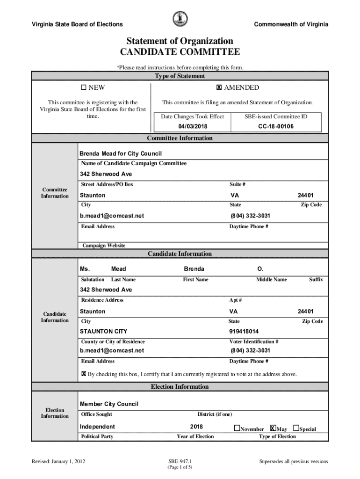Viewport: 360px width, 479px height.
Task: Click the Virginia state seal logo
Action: (180, 19)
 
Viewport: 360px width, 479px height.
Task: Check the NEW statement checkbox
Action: (84, 87)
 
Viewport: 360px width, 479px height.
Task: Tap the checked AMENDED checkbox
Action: (218, 87)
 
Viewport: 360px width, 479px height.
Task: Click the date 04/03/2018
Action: (192, 127)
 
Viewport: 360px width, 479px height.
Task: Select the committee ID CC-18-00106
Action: (276, 127)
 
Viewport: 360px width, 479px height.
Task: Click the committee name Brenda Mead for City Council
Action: (121, 154)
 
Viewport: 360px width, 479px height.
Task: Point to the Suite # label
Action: (238, 184)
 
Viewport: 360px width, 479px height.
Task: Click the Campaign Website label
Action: (104, 246)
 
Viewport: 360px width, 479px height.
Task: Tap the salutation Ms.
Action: (85, 269)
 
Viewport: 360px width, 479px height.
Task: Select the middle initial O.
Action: (260, 269)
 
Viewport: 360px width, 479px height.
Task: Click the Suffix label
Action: (316, 280)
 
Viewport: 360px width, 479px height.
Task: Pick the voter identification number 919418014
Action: (244, 332)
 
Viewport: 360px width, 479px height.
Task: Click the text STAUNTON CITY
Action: (103, 332)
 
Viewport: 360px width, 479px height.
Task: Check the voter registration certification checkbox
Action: (84, 374)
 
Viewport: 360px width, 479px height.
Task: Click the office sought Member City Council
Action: (109, 404)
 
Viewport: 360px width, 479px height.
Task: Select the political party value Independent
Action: (97, 427)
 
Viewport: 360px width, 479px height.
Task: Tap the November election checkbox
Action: (237, 428)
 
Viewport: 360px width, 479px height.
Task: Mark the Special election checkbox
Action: (296, 428)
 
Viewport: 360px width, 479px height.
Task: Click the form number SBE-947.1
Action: (180, 462)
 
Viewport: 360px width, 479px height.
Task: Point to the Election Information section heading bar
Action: (180, 387)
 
